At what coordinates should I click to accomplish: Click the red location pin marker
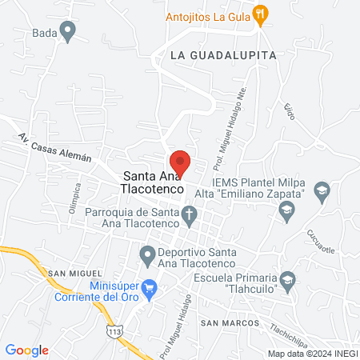click(180, 162)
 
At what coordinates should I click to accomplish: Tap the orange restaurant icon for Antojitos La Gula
click(260, 14)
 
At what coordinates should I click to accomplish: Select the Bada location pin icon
click(68, 33)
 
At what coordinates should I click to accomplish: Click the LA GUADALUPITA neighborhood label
click(222, 55)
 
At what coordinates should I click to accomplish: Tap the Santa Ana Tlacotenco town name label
click(153, 183)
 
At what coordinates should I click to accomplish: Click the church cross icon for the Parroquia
click(190, 214)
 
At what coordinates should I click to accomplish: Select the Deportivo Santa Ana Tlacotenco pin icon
click(147, 256)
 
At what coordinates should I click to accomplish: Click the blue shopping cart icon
click(148, 287)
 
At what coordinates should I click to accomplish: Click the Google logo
click(27, 350)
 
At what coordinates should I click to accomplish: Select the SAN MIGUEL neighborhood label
click(74, 274)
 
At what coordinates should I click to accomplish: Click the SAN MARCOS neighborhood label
click(229, 322)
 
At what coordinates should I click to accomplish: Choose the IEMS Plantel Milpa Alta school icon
click(322, 190)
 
